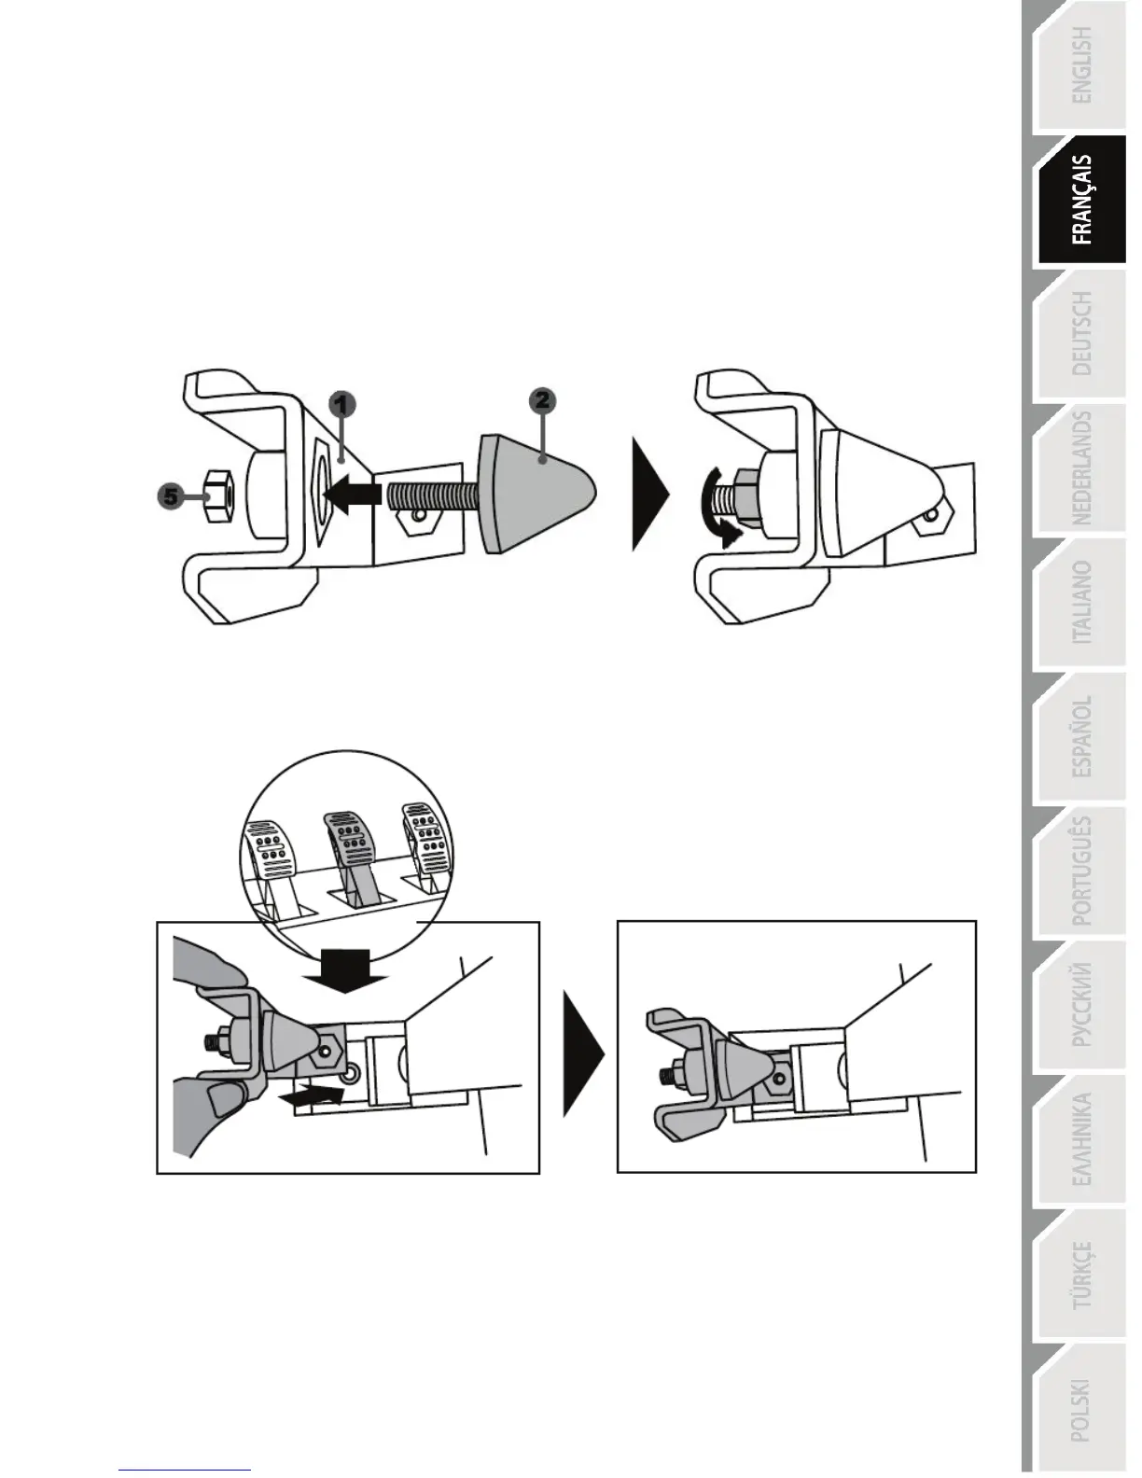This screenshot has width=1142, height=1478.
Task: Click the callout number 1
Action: tap(342, 405)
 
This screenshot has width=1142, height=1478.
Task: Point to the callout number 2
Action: tap(542, 401)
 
